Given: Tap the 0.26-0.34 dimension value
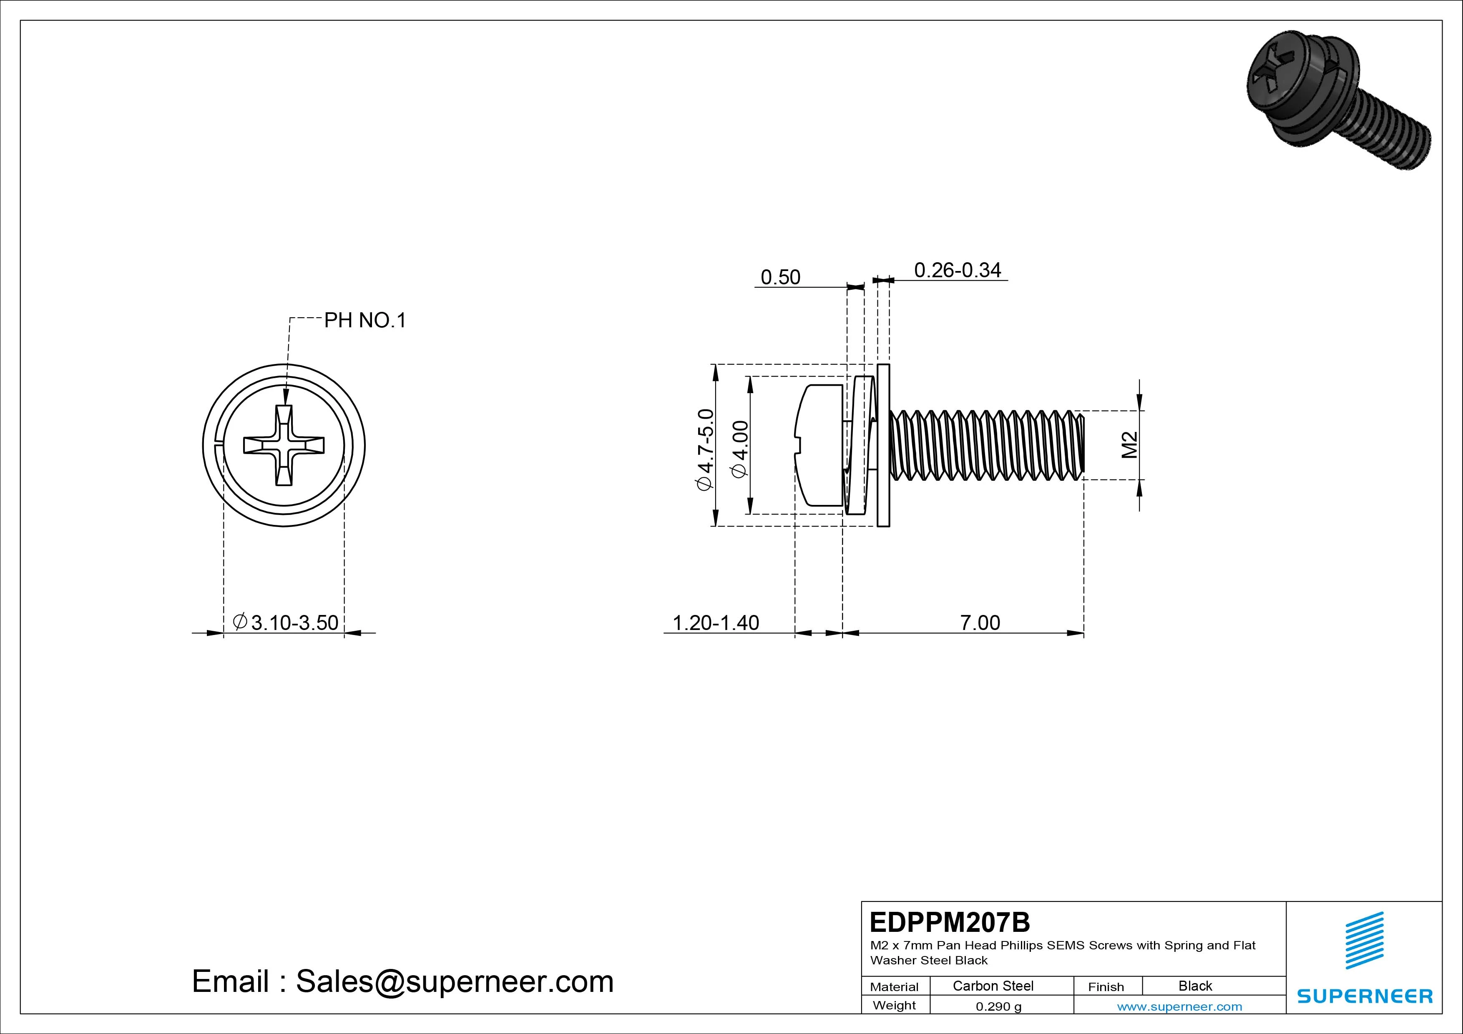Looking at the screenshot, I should [957, 270].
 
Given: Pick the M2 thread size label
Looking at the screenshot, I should [1129, 445].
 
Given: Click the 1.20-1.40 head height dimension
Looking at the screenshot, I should [716, 622].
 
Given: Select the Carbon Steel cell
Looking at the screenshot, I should [993, 986].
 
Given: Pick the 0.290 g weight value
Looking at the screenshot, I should [998, 1006].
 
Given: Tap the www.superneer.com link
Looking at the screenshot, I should [1179, 1006].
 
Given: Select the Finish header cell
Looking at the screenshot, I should [1106, 987].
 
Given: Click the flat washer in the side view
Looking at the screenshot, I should [883, 446].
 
